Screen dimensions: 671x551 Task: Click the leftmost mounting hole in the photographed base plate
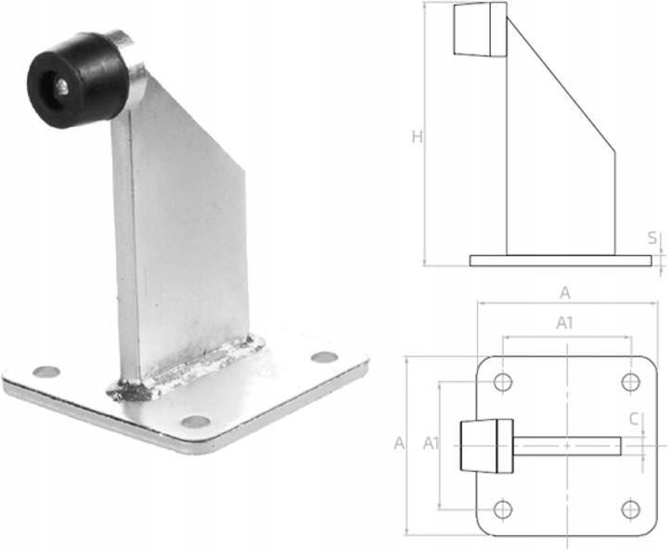(46, 372)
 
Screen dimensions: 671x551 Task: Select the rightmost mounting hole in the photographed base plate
(325, 357)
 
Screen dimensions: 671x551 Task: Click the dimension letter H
(418, 137)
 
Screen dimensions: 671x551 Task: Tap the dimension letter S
(652, 237)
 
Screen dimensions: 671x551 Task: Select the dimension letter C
(634, 418)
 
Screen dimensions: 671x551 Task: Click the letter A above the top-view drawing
(565, 293)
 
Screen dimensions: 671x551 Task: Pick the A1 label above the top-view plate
(564, 324)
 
